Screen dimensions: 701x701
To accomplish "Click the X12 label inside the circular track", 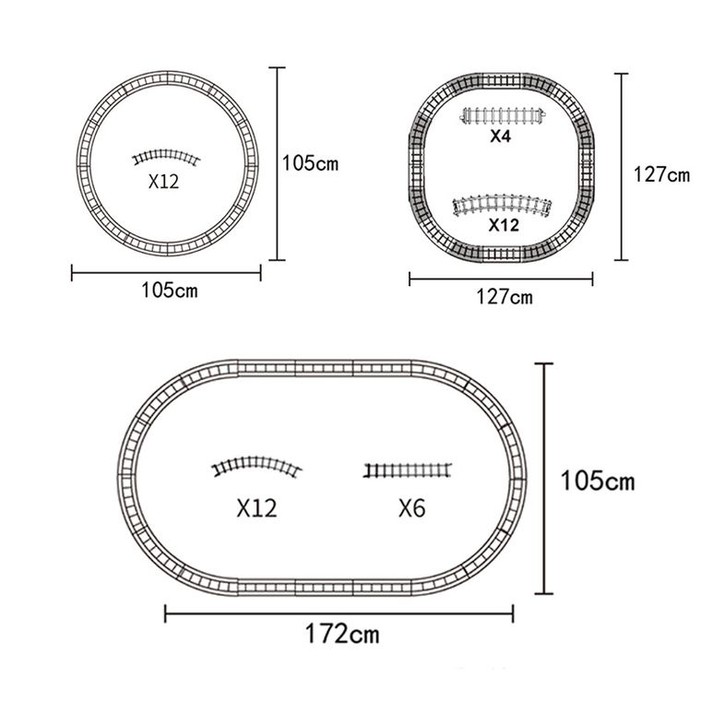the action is pos(163,181).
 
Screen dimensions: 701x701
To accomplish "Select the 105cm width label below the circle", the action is pos(170,291).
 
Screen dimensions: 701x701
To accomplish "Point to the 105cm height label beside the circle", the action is pos(310,163).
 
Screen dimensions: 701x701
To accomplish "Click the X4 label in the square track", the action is pos(500,136).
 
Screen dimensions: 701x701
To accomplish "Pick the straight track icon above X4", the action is pos(503,116).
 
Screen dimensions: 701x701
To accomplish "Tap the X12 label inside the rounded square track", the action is pos(504,225).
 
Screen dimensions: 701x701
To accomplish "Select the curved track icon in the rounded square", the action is pos(502,205).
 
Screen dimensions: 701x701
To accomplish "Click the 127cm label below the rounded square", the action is pos(505,297).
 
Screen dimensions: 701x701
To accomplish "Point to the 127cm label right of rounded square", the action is pos(661,174).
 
